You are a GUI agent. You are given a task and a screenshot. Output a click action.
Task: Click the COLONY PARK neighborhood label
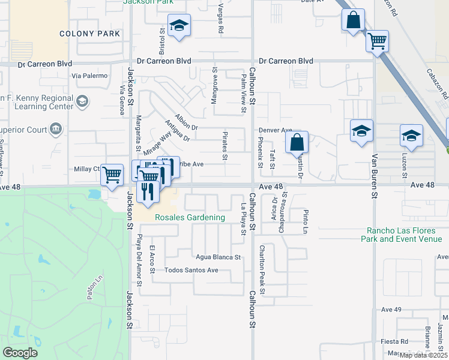click(x=90, y=34)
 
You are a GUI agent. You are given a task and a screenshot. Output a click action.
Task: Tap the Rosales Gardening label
click(x=190, y=217)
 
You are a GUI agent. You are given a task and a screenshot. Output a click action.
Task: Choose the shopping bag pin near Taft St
click(x=297, y=143)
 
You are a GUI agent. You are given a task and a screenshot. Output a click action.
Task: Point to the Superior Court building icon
click(x=56, y=128)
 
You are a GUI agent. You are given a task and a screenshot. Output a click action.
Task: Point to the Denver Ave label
click(x=275, y=130)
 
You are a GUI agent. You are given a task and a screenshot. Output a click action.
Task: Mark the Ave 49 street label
click(x=391, y=310)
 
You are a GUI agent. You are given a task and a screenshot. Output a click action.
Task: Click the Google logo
click(x=20, y=353)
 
